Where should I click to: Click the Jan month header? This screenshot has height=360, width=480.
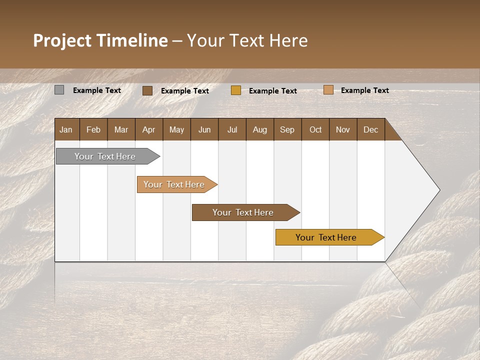pyautogui.click(x=66, y=129)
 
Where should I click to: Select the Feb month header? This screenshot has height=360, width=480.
pyautogui.click(x=93, y=129)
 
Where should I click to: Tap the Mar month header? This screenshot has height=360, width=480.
pyautogui.click(x=121, y=129)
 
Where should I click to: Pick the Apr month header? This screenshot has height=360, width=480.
pyautogui.click(x=149, y=129)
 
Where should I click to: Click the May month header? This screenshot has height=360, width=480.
pyautogui.click(x=176, y=129)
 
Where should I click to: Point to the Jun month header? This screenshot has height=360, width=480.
pyautogui.click(x=204, y=129)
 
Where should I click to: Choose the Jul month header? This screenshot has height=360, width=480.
pyautogui.click(x=232, y=129)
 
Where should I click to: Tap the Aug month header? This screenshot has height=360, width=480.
pyautogui.click(x=260, y=129)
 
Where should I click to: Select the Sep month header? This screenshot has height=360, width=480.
pyautogui.click(x=287, y=129)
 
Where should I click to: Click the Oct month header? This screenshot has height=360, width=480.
pyautogui.click(x=315, y=129)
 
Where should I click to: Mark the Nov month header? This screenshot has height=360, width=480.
pyautogui.click(x=343, y=129)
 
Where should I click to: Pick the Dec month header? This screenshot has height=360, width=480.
pyautogui.click(x=370, y=129)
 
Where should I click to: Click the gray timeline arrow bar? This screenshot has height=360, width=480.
pyautogui.click(x=105, y=156)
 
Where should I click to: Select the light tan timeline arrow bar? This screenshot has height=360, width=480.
pyautogui.click(x=174, y=184)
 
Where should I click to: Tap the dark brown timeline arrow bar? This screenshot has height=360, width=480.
pyautogui.click(x=243, y=212)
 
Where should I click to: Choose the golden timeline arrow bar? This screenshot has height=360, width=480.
pyautogui.click(x=326, y=237)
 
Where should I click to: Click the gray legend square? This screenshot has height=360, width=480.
pyautogui.click(x=59, y=90)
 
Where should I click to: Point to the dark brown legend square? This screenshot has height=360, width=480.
pyautogui.click(x=147, y=90)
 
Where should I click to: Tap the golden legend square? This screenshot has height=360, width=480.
pyautogui.click(x=236, y=90)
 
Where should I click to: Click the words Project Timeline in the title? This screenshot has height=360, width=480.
pyautogui.click(x=100, y=40)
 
